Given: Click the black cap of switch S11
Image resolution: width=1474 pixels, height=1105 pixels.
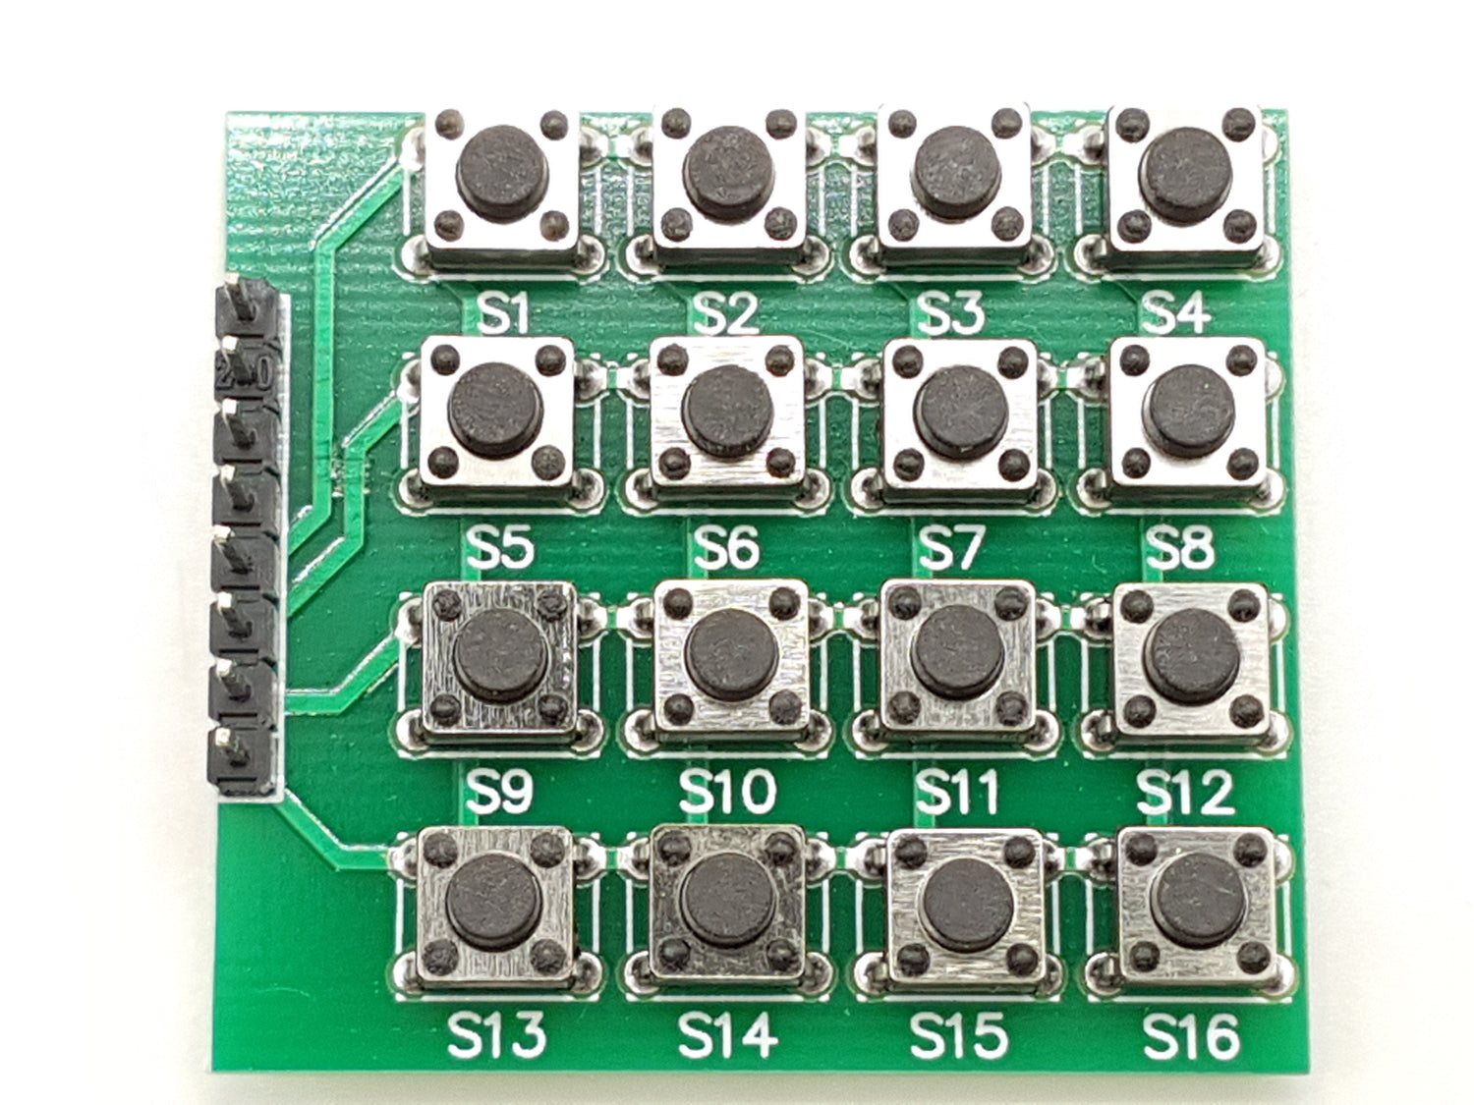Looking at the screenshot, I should coord(957,646).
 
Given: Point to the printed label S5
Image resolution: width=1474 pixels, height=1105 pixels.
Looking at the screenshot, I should coord(500,548).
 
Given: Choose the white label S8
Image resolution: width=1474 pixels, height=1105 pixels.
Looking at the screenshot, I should coord(1179,548).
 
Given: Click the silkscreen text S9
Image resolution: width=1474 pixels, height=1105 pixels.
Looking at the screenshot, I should coord(500,792).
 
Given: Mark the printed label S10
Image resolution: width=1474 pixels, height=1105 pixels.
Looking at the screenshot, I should coord(727,792).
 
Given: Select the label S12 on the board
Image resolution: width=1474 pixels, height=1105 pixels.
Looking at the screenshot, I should coord(1185,792).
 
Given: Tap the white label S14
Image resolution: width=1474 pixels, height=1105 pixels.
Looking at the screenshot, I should coord(727,1035).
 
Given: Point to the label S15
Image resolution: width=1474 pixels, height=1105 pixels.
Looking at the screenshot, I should coord(958,1035).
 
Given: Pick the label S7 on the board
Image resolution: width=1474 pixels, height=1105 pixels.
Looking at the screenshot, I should coord(951,548).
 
